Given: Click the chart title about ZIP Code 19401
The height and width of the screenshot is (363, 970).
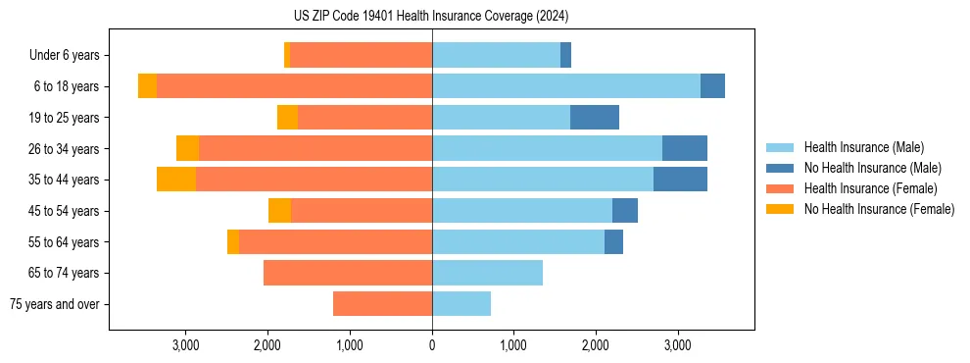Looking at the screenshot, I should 431,17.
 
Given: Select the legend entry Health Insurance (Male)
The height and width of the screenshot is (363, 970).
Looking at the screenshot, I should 863,147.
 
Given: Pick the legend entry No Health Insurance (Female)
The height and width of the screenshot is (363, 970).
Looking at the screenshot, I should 879,209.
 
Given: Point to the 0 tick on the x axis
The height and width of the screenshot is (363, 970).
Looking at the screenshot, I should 432,345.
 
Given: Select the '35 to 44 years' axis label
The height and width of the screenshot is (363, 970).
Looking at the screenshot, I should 65,180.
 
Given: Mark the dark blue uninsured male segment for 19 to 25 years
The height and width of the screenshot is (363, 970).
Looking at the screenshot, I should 595,118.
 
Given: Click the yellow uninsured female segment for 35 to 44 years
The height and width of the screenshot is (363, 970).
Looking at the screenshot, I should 176,180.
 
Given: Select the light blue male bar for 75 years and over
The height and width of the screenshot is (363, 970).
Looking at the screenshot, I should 461,304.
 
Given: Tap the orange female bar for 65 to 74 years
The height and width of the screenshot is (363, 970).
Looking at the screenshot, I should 348,273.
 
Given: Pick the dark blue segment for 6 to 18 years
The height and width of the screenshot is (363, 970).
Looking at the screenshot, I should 712,86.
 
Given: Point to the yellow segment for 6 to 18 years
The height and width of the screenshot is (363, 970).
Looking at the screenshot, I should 147,86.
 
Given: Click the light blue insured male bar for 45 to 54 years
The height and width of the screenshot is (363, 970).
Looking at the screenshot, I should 522,211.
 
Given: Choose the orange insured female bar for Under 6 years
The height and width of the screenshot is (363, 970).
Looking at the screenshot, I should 361,55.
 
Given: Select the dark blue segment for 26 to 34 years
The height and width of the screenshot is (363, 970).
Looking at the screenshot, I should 685,148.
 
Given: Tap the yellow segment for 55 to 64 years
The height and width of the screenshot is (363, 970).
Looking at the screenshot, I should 233,242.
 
